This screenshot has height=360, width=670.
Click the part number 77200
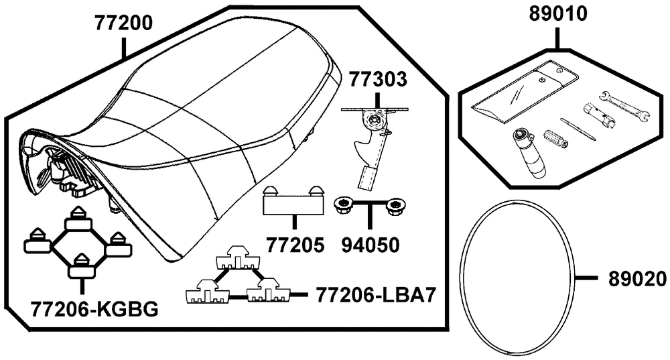(x=123, y=23)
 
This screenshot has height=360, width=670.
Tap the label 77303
(x=378, y=79)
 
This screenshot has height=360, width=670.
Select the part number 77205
(x=295, y=245)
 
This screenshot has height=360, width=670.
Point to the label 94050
(x=371, y=245)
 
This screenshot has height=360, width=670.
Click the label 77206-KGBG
(x=94, y=308)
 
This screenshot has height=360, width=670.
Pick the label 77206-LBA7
(x=376, y=294)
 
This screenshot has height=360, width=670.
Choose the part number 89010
(x=558, y=13)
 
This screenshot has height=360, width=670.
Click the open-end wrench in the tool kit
(x=625, y=105)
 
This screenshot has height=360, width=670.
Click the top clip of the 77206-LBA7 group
(x=238, y=258)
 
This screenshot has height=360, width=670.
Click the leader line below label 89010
(x=558, y=38)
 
